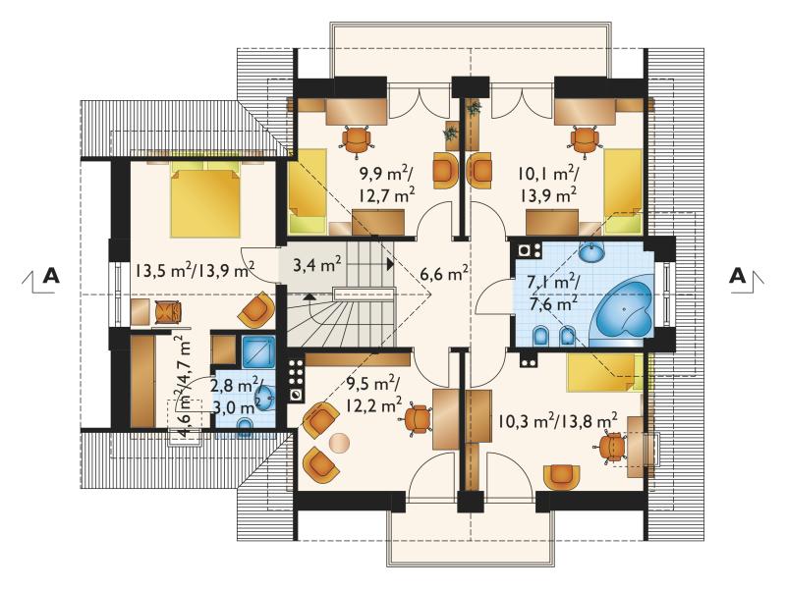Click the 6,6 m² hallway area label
[445, 274]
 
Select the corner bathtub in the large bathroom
[622, 313]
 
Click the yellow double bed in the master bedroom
[205, 202]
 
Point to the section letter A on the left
[50, 276]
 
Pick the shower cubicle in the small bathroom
[258, 352]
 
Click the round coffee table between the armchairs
[339, 444]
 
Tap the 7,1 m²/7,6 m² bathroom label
[555, 292]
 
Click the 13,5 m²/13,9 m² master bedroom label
[195, 271]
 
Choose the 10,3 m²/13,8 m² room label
[557, 419]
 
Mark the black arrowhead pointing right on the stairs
[390, 263]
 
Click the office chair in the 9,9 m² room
[357, 138]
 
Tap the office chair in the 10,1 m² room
[585, 138]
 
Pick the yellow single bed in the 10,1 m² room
[623, 191]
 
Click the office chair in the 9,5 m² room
[418, 419]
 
